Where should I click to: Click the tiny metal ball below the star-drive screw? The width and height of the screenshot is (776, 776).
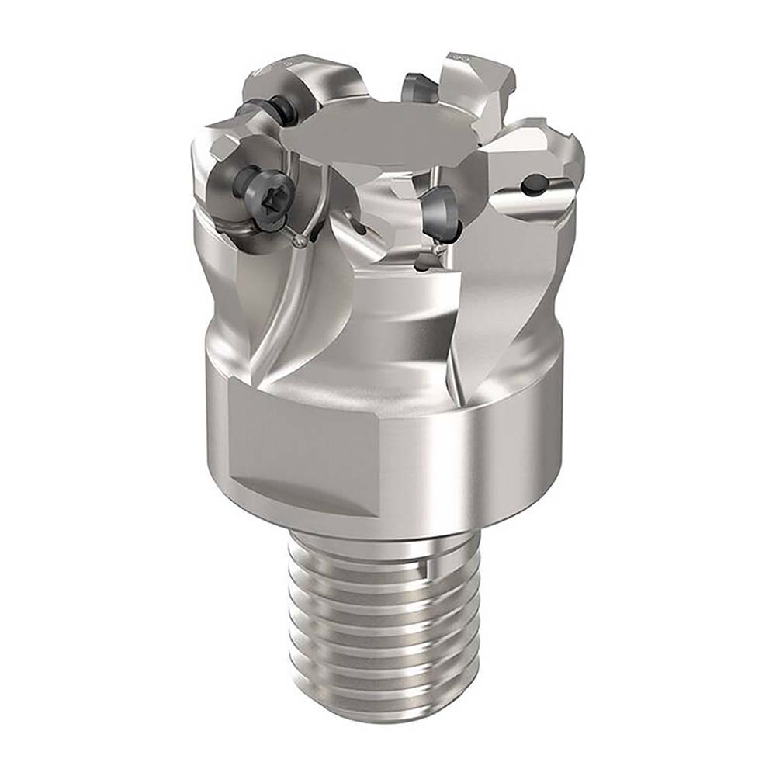point(300,242)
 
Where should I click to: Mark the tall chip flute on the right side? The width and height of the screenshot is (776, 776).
point(497,310)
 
